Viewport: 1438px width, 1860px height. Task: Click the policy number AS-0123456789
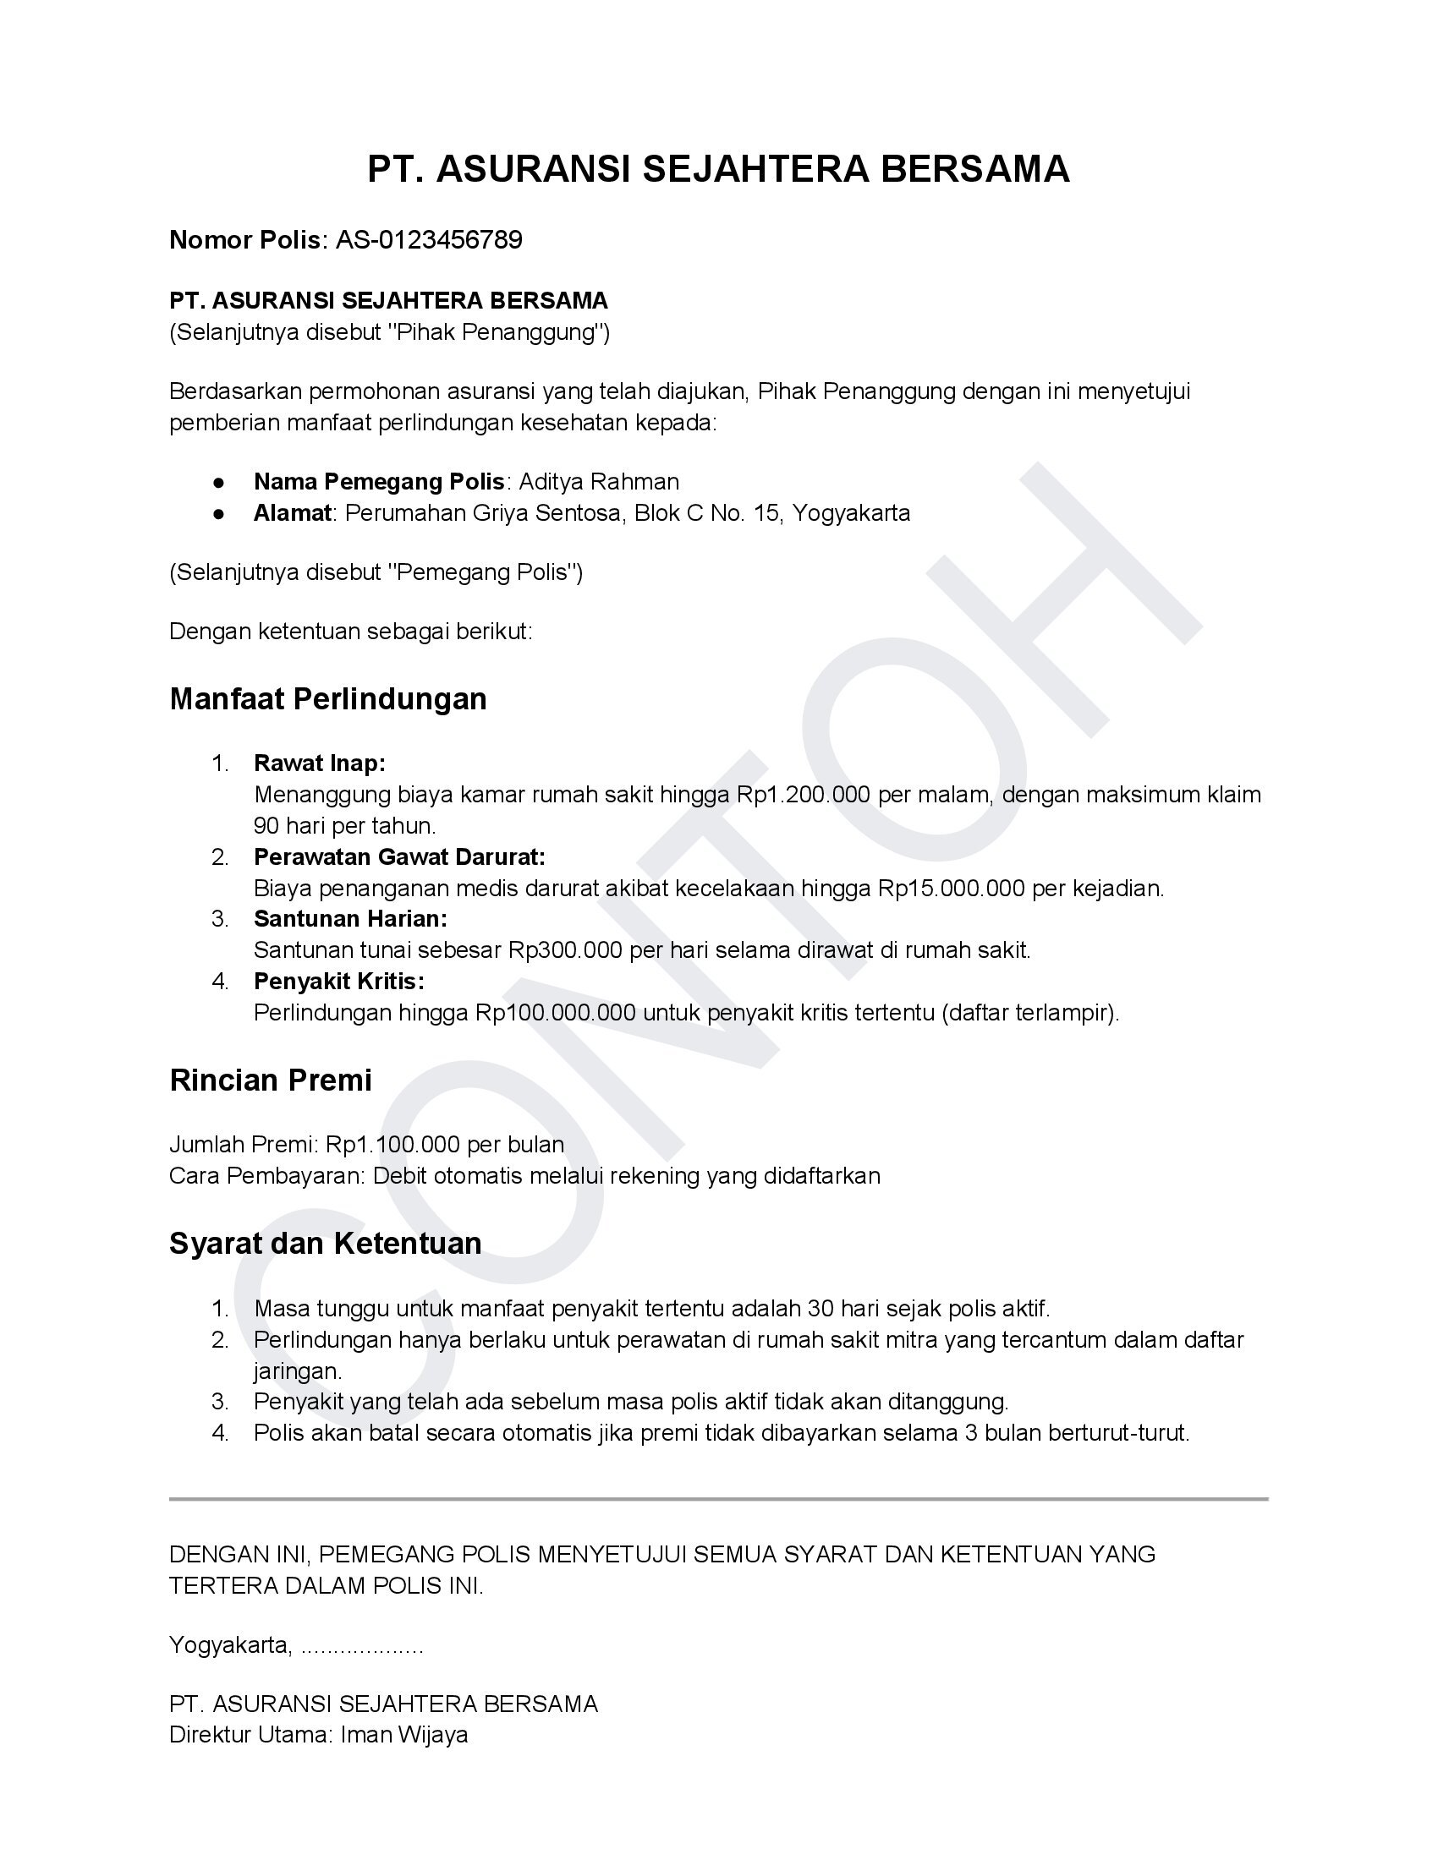[429, 240]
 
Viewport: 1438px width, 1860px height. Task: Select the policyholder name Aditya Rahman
[599, 482]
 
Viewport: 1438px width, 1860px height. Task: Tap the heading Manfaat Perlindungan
[328, 699]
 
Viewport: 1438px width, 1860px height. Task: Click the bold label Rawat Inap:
[320, 763]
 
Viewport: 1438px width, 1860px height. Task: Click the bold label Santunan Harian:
[350, 919]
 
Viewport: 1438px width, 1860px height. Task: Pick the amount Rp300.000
[566, 950]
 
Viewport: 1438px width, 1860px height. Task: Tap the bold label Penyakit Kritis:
[339, 982]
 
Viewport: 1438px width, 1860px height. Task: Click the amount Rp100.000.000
[556, 1013]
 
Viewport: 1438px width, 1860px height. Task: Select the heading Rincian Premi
[271, 1080]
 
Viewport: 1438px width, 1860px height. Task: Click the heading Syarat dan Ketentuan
[326, 1244]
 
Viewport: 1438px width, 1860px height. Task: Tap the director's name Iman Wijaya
[403, 1735]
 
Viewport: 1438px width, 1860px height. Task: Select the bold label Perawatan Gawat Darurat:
[399, 856]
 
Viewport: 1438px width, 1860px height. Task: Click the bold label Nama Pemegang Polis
[379, 482]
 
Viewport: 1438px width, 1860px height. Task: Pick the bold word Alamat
[292, 513]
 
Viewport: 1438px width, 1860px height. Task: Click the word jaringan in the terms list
[297, 1371]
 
